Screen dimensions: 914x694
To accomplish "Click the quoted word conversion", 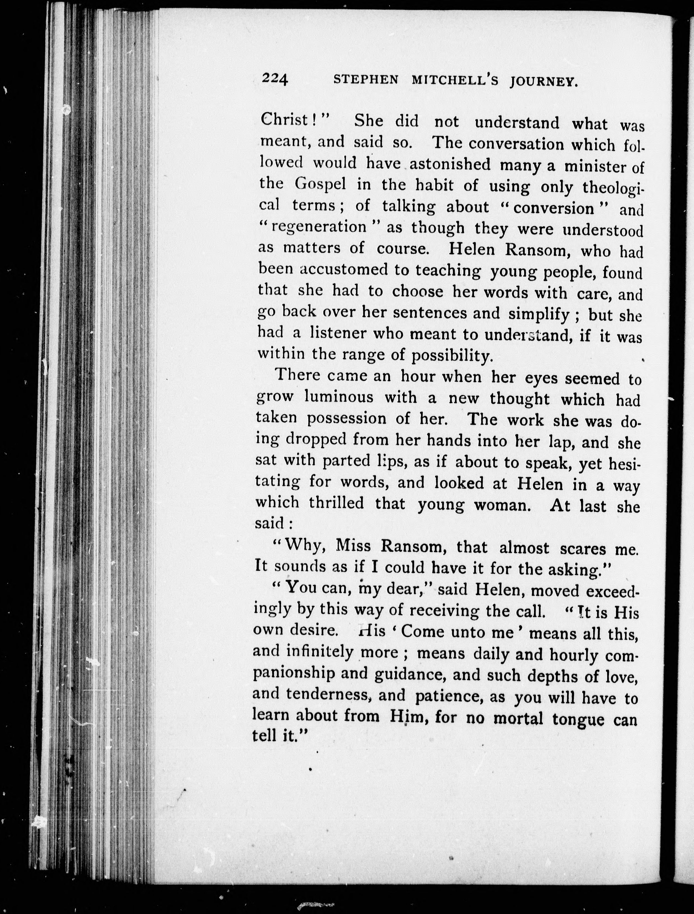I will [553, 208].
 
